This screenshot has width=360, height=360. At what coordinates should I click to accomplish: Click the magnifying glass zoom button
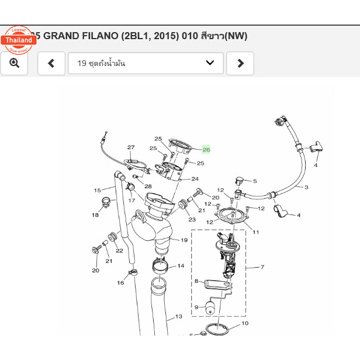tap(14, 63)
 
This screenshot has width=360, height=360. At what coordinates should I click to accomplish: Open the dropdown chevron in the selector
tap(210, 63)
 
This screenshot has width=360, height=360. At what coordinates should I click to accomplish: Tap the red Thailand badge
tap(19, 40)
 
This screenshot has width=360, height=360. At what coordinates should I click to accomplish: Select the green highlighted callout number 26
tap(206, 150)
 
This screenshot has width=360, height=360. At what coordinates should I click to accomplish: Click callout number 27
tap(131, 148)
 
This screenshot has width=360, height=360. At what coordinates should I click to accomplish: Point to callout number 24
tap(195, 179)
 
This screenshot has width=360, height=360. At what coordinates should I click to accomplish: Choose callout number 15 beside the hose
tap(98, 190)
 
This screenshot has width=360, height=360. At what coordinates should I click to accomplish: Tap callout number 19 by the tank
tap(184, 240)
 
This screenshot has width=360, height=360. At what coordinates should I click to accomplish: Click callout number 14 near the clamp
tap(181, 266)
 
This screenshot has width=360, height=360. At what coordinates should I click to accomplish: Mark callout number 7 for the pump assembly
tap(262, 267)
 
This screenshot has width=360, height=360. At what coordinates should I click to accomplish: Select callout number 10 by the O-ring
tap(245, 323)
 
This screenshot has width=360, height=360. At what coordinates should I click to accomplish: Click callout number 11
tap(255, 232)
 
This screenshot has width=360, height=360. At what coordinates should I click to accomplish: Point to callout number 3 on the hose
tap(306, 188)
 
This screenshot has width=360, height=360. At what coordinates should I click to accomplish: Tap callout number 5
tap(255, 181)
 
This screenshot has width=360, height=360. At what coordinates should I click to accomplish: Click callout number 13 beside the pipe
tap(179, 316)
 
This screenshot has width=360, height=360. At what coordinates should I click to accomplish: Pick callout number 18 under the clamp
tap(95, 215)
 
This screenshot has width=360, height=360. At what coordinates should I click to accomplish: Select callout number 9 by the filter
tap(196, 307)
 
